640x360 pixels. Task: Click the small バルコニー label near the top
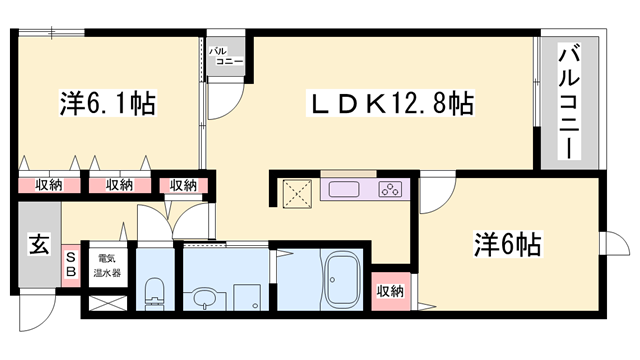click(x=222, y=55)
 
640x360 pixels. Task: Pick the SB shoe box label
click(x=70, y=265)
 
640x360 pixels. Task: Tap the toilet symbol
click(x=154, y=294)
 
